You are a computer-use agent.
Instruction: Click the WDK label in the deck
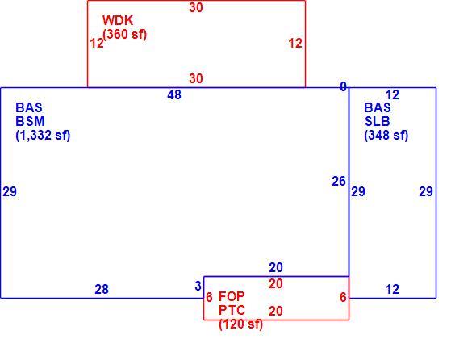coord(118,20)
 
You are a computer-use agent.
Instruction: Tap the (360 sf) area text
coord(125,34)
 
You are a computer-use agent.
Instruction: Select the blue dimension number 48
coord(174,95)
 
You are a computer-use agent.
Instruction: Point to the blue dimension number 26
coord(339,182)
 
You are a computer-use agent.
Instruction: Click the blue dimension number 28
coord(102,289)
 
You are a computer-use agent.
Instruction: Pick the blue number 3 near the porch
coord(198,286)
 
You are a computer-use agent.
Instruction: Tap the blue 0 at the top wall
coord(343,87)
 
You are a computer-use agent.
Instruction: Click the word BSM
coord(30,121)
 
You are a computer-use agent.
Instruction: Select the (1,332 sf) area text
coord(43,135)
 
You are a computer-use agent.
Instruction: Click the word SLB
coord(378,121)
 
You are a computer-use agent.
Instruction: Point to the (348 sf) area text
coord(386,135)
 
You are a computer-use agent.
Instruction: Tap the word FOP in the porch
coord(232,296)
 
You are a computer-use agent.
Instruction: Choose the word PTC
coord(232,310)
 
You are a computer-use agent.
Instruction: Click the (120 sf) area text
coord(240,324)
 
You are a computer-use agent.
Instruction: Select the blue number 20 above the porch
coord(276,268)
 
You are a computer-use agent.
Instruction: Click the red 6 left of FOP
coord(209,297)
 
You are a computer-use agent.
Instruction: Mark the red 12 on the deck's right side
coord(295,43)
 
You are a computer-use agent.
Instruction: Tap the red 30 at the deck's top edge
coord(196,7)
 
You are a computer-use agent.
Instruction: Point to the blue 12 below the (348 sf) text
coord(392,289)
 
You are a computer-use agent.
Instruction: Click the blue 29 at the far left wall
coord(10,191)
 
